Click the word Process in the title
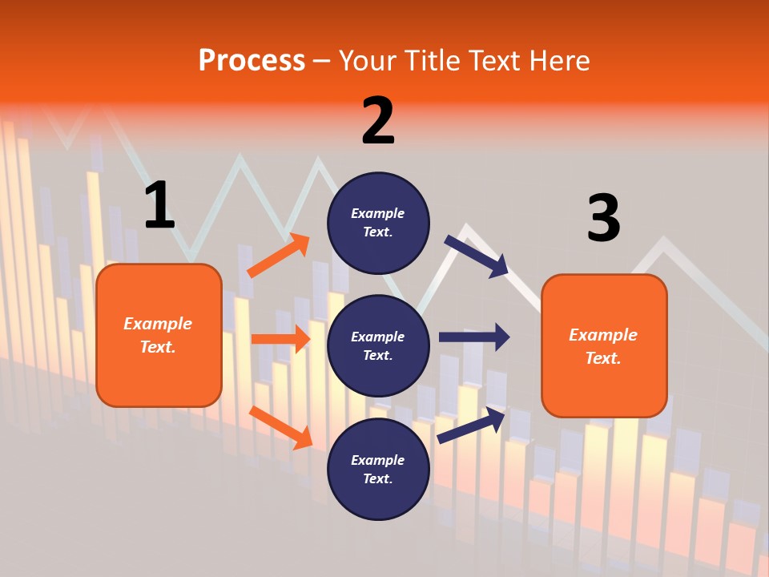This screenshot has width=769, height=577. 252,61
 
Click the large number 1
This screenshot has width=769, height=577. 159,205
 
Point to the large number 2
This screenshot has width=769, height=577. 378,121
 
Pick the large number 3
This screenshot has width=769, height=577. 603,218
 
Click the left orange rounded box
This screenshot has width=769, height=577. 159,335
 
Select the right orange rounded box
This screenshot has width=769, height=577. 604,345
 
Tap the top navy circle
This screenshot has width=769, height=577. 378,223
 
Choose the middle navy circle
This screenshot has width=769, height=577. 378,345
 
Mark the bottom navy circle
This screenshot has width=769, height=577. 378,469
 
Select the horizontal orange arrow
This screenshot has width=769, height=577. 280,339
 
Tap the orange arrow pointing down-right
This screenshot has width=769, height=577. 281,427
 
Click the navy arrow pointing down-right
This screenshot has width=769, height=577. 476,256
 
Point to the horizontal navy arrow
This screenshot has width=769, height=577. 474,337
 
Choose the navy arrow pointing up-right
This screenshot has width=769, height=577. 471,425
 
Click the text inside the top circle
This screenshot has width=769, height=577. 378,223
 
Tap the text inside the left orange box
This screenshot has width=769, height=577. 158,335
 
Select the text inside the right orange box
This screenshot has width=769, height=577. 603,346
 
